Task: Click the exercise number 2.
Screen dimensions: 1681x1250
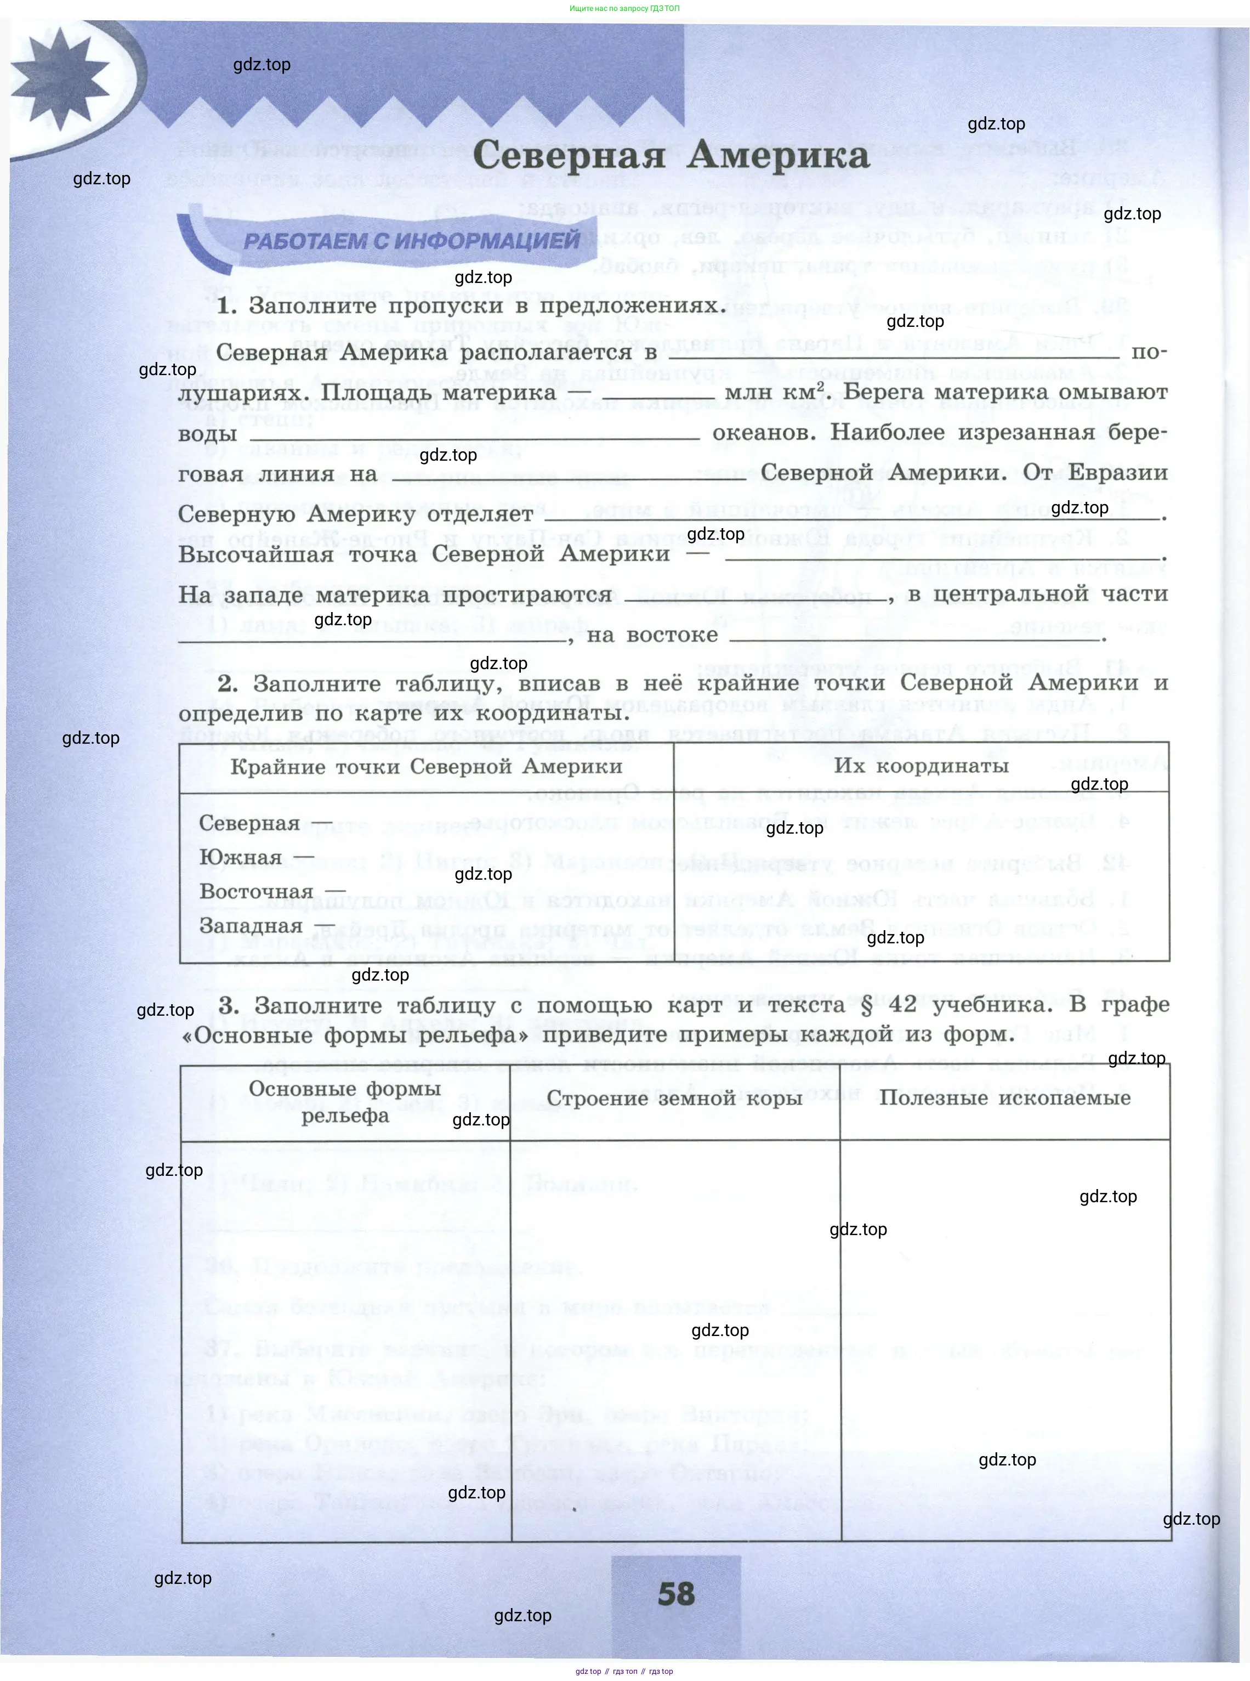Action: [228, 683]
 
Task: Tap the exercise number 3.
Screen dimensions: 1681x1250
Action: [229, 1005]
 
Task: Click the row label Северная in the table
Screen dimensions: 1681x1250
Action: [249, 823]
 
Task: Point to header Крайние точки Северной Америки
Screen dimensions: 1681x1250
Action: [426, 766]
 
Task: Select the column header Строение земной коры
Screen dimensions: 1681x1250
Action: [674, 1097]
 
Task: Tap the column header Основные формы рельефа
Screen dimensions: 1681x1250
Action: [345, 1101]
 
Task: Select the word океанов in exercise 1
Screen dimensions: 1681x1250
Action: [764, 433]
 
